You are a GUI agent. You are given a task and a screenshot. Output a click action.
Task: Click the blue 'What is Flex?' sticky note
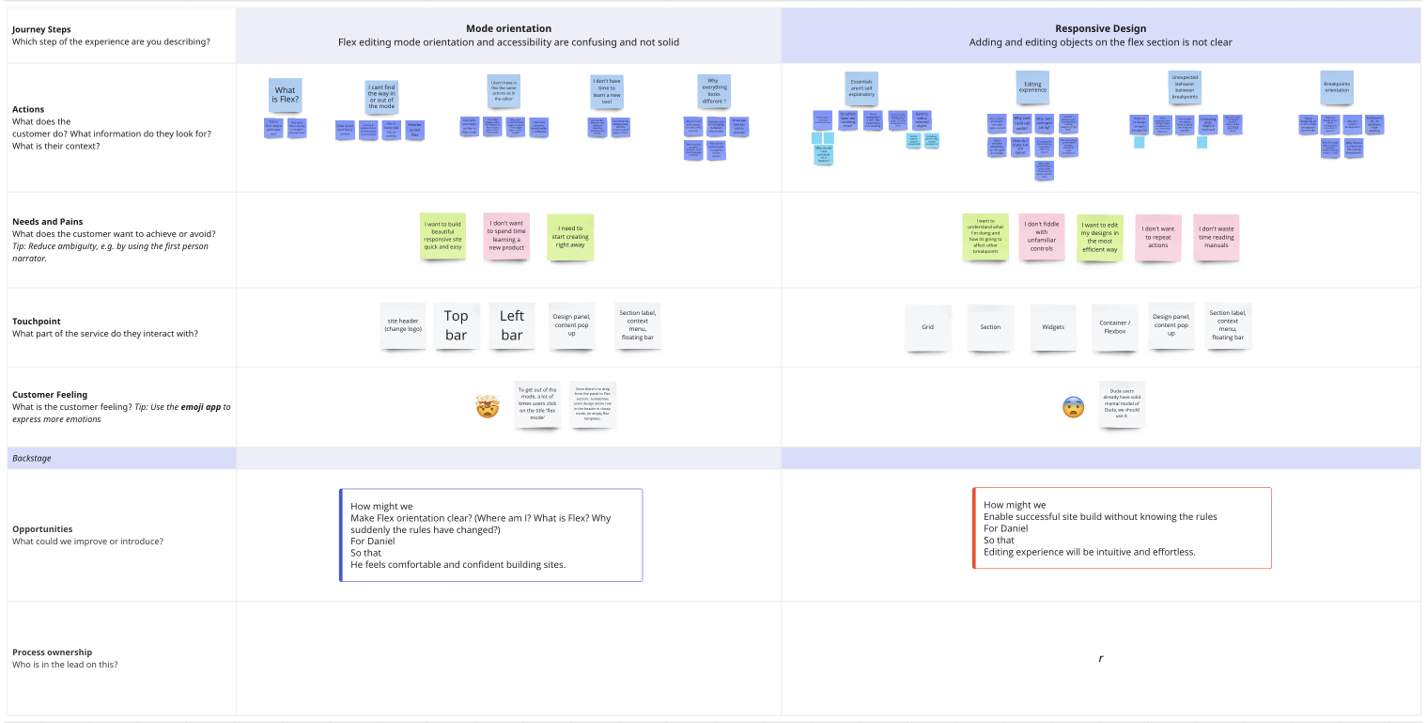pyautogui.click(x=285, y=95)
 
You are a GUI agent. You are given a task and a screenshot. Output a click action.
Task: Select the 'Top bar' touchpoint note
pyautogui.click(x=456, y=326)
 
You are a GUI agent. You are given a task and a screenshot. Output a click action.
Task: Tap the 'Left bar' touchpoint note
pyautogui.click(x=512, y=326)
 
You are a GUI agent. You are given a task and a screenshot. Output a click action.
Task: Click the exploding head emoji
pyautogui.click(x=487, y=407)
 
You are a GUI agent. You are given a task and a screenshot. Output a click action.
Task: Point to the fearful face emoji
pyautogui.click(x=1073, y=407)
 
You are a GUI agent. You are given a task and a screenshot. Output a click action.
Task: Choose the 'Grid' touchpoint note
pyautogui.click(x=927, y=327)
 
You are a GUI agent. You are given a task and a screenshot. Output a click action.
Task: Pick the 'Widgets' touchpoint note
pyautogui.click(x=1053, y=327)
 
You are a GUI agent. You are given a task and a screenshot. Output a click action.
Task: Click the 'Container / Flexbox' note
pyautogui.click(x=1114, y=327)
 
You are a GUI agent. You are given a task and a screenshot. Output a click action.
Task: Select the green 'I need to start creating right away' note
pyautogui.click(x=570, y=237)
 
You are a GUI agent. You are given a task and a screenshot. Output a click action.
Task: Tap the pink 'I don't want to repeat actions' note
pyautogui.click(x=1157, y=237)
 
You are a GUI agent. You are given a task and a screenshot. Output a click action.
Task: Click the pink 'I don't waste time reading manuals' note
pyautogui.click(x=1217, y=237)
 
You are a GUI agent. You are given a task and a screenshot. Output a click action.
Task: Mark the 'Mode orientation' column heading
pyautogui.click(x=508, y=29)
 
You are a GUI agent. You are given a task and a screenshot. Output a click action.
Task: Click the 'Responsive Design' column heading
pyautogui.click(x=1100, y=29)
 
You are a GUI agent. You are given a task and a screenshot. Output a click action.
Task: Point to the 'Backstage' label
pyautogui.click(x=32, y=458)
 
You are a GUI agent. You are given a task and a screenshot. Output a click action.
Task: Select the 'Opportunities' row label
pyautogui.click(x=42, y=528)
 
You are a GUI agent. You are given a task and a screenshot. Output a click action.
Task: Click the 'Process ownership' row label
pyautogui.click(x=52, y=652)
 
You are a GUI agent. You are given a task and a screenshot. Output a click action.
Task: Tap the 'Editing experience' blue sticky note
pyautogui.click(x=1032, y=88)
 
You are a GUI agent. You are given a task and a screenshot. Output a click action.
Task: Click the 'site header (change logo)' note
pyautogui.click(x=404, y=325)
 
